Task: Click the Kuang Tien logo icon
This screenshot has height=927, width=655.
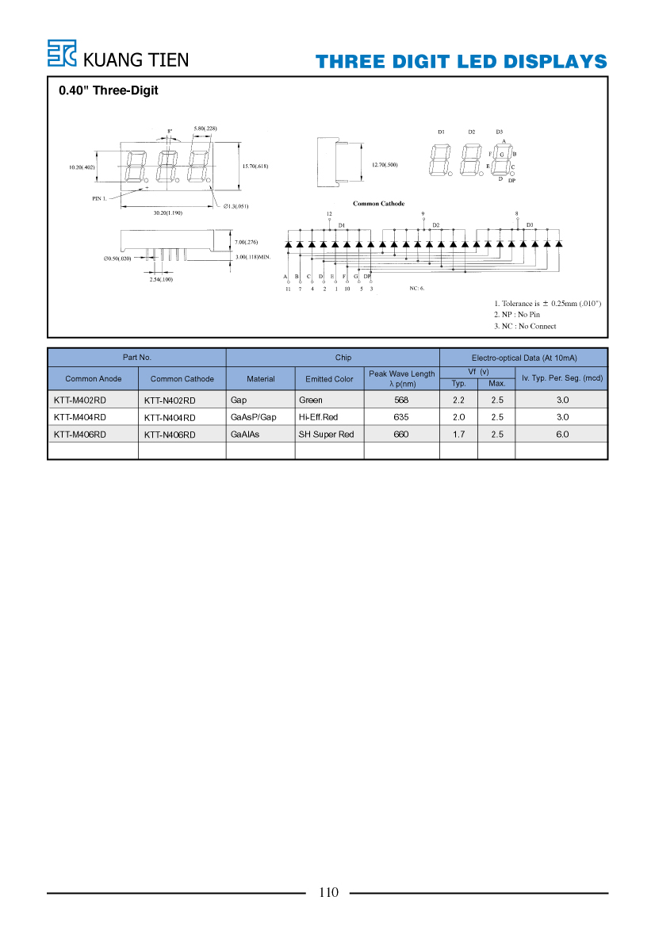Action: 62,53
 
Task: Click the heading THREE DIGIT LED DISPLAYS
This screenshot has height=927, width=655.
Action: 461,62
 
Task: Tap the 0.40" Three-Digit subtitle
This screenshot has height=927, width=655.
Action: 108,90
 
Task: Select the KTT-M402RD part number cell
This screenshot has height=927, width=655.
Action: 80,400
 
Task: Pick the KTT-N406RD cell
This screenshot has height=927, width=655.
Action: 170,435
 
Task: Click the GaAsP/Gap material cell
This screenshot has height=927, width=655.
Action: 253,417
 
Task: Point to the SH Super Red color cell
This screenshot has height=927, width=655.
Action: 326,435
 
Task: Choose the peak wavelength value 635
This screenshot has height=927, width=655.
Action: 401,417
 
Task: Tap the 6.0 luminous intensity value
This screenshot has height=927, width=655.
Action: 562,435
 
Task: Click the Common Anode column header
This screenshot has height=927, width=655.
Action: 94,379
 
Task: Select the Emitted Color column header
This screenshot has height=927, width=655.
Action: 329,379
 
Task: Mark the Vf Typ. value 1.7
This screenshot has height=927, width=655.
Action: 458,435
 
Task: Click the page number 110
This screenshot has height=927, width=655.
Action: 328,893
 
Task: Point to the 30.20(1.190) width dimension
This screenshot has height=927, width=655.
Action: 168,213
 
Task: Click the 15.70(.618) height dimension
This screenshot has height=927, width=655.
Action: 255,166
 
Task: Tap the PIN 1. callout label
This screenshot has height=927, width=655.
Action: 99,198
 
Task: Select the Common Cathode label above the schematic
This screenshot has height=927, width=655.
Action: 379,203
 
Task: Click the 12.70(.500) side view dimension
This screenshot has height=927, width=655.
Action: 385,165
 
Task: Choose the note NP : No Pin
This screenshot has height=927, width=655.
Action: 517,315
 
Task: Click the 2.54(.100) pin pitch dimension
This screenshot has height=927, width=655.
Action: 161,280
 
